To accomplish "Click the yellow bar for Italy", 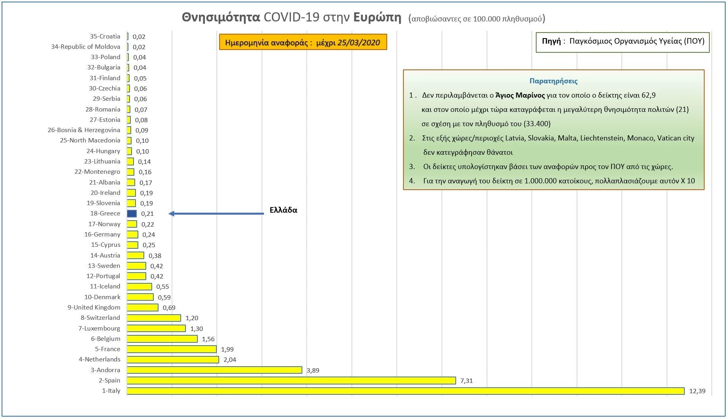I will tap(405, 391).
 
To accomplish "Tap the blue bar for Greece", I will tap(132, 213).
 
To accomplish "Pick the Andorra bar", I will tap(214, 370).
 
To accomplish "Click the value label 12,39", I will tap(697, 391).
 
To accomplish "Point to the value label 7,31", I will tap(466, 381).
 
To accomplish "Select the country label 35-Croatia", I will tap(105, 36).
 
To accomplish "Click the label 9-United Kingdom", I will tap(94, 307).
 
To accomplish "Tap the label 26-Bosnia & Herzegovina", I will tap(84, 130).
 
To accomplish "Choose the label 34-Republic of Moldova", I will tap(86, 46).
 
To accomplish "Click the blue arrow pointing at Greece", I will tap(216, 213).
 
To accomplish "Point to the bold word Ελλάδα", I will tap(283, 210).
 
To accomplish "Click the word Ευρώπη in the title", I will tap(377, 17).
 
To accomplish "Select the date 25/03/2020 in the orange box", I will tap(359, 43).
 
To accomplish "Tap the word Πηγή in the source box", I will tap(551, 41).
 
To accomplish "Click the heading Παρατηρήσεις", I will tap(553, 81).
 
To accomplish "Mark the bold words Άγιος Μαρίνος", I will tap(520, 95).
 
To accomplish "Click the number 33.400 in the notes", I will tap(537, 124).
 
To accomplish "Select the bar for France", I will tap(172, 349).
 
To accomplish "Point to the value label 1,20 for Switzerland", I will tap(192, 318).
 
